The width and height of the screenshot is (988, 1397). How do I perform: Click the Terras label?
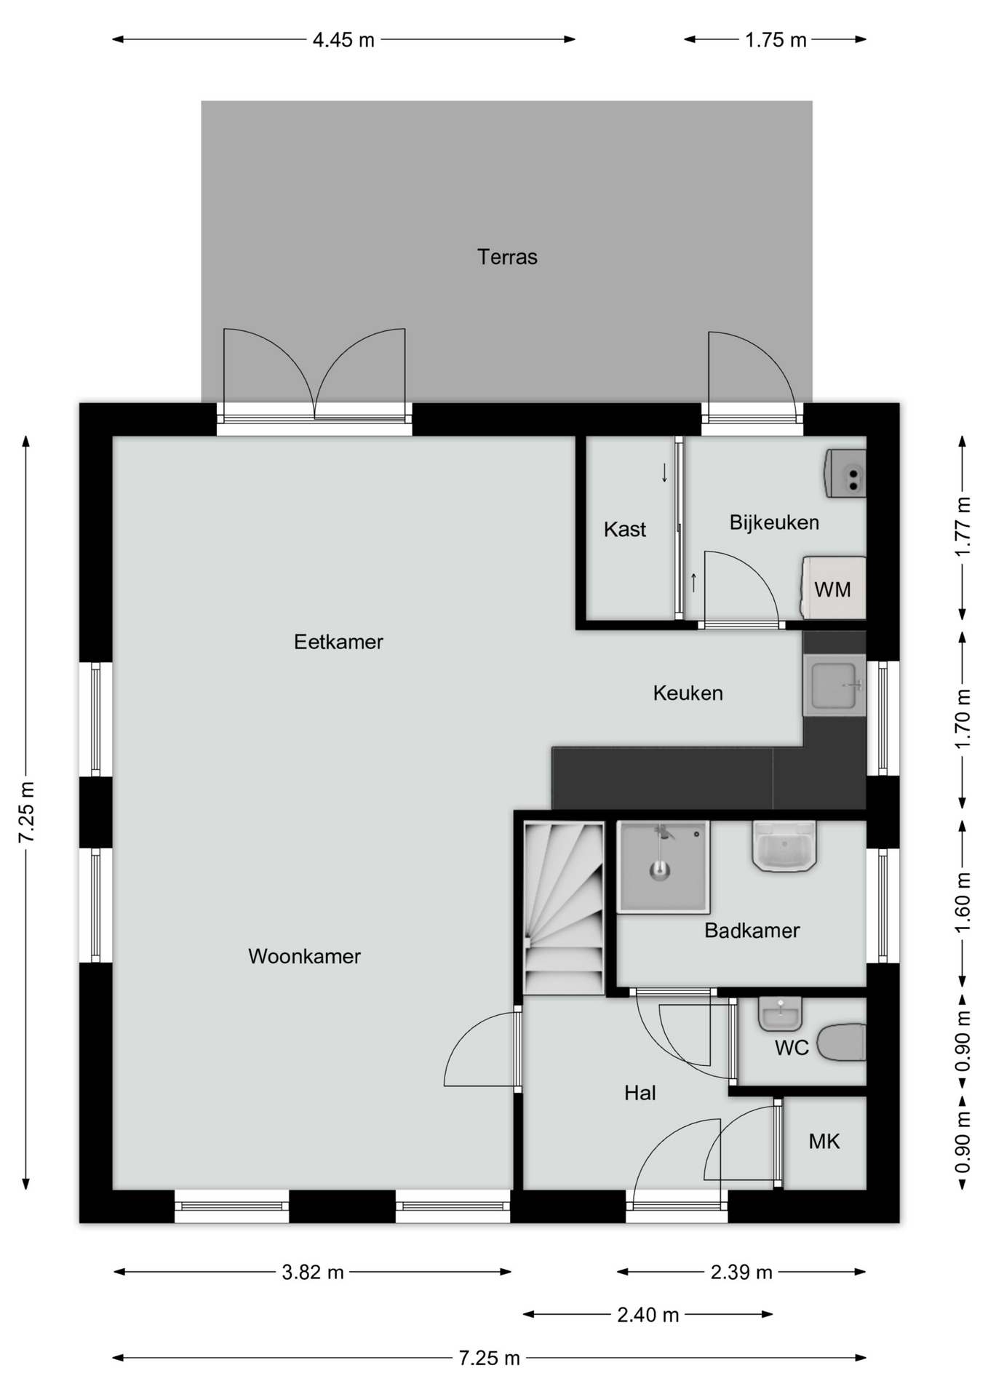pos(507,257)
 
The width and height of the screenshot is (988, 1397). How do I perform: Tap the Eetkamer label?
pos(338,642)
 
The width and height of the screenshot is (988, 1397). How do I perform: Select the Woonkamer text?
pos(304,956)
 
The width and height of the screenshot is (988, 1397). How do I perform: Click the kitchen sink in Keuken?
pos(834,685)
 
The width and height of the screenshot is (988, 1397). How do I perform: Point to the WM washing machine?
pos(834,588)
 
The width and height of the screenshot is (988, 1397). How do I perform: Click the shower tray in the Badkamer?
pos(663,867)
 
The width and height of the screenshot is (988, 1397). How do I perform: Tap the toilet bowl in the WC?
pos(842,1042)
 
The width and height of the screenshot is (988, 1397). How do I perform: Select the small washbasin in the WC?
pos(780,1014)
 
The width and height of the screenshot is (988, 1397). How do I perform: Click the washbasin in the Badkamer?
pos(784,846)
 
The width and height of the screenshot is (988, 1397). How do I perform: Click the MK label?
pos(824,1142)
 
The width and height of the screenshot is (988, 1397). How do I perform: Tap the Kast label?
pos(625,529)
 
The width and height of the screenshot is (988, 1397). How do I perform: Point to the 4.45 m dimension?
pos(343,40)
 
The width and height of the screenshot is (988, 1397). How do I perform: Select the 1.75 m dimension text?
pos(776,40)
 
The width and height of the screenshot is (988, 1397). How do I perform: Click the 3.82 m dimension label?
pos(313,1272)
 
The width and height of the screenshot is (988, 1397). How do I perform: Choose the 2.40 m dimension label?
pos(648,1315)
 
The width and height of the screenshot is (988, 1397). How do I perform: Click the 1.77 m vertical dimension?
pos(963,527)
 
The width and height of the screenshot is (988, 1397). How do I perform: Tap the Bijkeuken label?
pos(774,522)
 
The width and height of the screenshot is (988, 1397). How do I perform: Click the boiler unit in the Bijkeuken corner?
pos(845,474)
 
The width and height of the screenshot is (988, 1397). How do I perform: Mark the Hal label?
pos(640,1093)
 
